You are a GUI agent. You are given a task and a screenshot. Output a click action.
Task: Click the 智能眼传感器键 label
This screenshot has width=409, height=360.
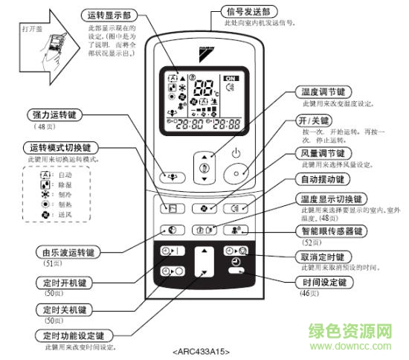click(332, 231)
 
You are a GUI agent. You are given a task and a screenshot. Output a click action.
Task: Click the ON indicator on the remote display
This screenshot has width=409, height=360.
click(231, 78)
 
